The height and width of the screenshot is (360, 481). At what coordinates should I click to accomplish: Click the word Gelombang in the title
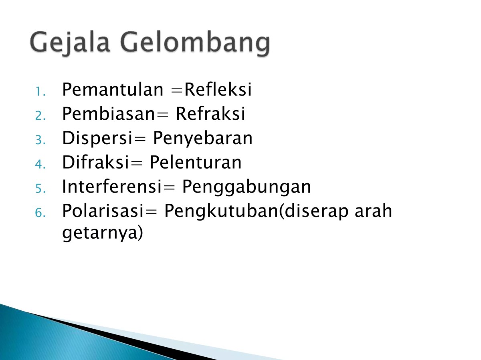(x=195, y=43)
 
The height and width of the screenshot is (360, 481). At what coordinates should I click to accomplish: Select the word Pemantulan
(x=111, y=90)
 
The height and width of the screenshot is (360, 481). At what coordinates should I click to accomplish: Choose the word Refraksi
(x=210, y=115)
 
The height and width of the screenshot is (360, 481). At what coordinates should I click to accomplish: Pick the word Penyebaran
(x=203, y=139)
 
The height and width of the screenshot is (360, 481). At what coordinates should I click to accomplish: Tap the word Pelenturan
(x=196, y=163)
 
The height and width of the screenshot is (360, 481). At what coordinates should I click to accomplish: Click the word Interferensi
(x=108, y=187)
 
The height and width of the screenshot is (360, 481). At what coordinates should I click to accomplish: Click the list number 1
(x=40, y=92)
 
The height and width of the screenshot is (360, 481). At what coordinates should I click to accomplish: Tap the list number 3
(x=40, y=140)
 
